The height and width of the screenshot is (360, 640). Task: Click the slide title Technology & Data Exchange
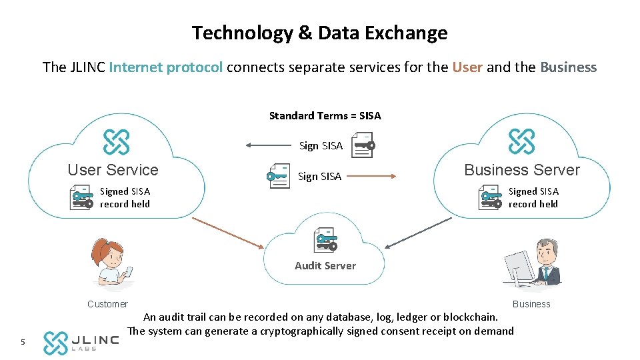[x=319, y=33]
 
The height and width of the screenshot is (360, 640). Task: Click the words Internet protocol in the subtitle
[x=166, y=67]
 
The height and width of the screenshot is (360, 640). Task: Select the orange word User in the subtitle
[x=467, y=67]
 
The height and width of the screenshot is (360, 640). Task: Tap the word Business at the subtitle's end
[x=568, y=67]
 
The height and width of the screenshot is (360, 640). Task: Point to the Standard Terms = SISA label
[x=325, y=116]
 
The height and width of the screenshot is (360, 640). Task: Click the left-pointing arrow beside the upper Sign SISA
[x=267, y=145]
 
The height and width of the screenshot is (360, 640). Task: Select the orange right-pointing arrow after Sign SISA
[x=371, y=176]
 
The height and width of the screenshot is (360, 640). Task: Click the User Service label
[x=113, y=170]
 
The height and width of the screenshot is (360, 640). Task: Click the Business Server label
[x=522, y=170]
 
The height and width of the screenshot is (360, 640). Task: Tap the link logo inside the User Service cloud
[x=116, y=141]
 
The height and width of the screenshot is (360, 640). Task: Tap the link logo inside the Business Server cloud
[x=521, y=141]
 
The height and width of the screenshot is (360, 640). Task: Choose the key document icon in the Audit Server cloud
[x=326, y=240]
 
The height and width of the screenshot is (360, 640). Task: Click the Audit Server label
[x=325, y=265]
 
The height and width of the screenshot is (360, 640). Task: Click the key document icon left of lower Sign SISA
[x=278, y=176]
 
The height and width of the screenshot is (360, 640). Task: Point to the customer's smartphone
[x=129, y=271]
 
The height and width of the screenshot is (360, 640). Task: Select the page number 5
[x=23, y=343]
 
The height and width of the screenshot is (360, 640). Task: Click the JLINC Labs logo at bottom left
[x=81, y=342]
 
